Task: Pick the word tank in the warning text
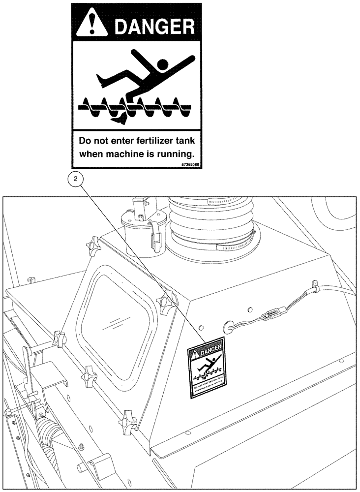[185, 140]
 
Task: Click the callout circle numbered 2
[75, 180]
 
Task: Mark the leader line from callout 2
[143, 261]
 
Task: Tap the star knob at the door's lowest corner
[128, 418]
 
